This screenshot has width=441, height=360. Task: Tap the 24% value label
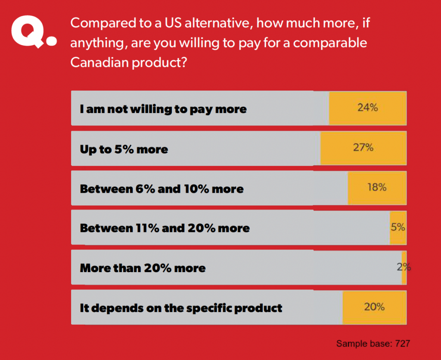pos(367,108)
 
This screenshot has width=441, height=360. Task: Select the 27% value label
pos(363,147)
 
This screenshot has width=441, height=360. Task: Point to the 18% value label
pos(377,187)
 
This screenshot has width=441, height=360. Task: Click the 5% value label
pos(398,227)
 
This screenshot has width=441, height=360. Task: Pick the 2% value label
pos(404,267)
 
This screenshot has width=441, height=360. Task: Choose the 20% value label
pos(374,307)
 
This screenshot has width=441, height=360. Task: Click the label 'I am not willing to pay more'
pos(163,109)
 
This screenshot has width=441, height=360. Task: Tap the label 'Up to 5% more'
pos(124,150)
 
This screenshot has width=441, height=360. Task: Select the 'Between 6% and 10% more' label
pos(162,189)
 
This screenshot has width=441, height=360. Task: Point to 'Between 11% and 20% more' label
pos(165,228)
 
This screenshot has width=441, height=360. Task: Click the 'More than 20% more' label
pos(143,268)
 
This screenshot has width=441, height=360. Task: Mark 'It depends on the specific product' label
pos(181,308)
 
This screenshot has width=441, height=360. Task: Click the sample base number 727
pos(401,344)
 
